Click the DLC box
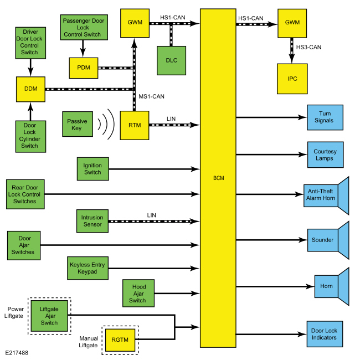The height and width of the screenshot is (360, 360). click(172, 60)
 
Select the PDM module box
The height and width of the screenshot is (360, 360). click(84, 68)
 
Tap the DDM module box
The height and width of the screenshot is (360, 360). click(31, 89)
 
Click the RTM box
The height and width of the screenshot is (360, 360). click(135, 125)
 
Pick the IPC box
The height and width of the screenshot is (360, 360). click(292, 79)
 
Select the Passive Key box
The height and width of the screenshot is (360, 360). click(78, 124)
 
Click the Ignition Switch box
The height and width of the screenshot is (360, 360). click(92, 169)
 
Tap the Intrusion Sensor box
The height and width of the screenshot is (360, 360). click(92, 221)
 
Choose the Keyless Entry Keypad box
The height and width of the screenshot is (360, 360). click(88, 268)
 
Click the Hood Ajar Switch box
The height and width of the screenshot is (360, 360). click(138, 293)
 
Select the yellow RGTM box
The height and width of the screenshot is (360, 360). click(120, 340)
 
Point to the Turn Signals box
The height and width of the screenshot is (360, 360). click(325, 117)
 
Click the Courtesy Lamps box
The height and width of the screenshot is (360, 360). click(326, 155)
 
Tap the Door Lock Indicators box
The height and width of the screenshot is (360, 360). click(325, 334)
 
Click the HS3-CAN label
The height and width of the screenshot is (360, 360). click(308, 47)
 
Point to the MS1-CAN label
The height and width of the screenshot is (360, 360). click(152, 97)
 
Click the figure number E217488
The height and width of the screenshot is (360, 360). click(17, 353)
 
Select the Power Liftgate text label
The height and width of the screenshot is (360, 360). click(14, 312)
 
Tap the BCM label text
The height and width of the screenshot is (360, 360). click(219, 178)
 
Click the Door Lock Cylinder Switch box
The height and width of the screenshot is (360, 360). click(31, 137)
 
